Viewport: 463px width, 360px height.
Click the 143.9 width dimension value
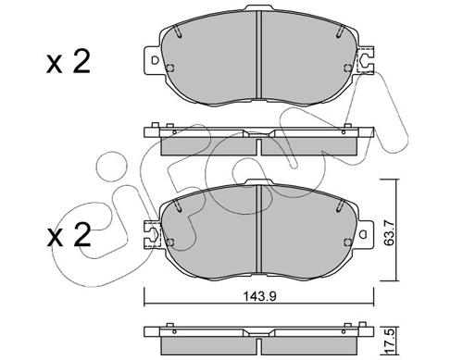(x=260, y=296)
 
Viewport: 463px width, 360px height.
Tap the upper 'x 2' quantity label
(x=69, y=62)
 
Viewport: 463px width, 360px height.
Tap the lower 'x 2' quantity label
(x=69, y=235)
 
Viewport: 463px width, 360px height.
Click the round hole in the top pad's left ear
(x=155, y=60)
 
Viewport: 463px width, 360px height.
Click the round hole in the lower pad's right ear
(x=364, y=234)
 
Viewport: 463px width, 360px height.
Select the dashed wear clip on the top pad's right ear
(x=365, y=60)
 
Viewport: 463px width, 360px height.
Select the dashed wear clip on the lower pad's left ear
(x=153, y=234)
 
